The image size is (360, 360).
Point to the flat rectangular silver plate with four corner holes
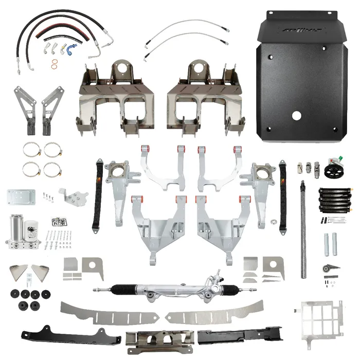click(x=21, y=197)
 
